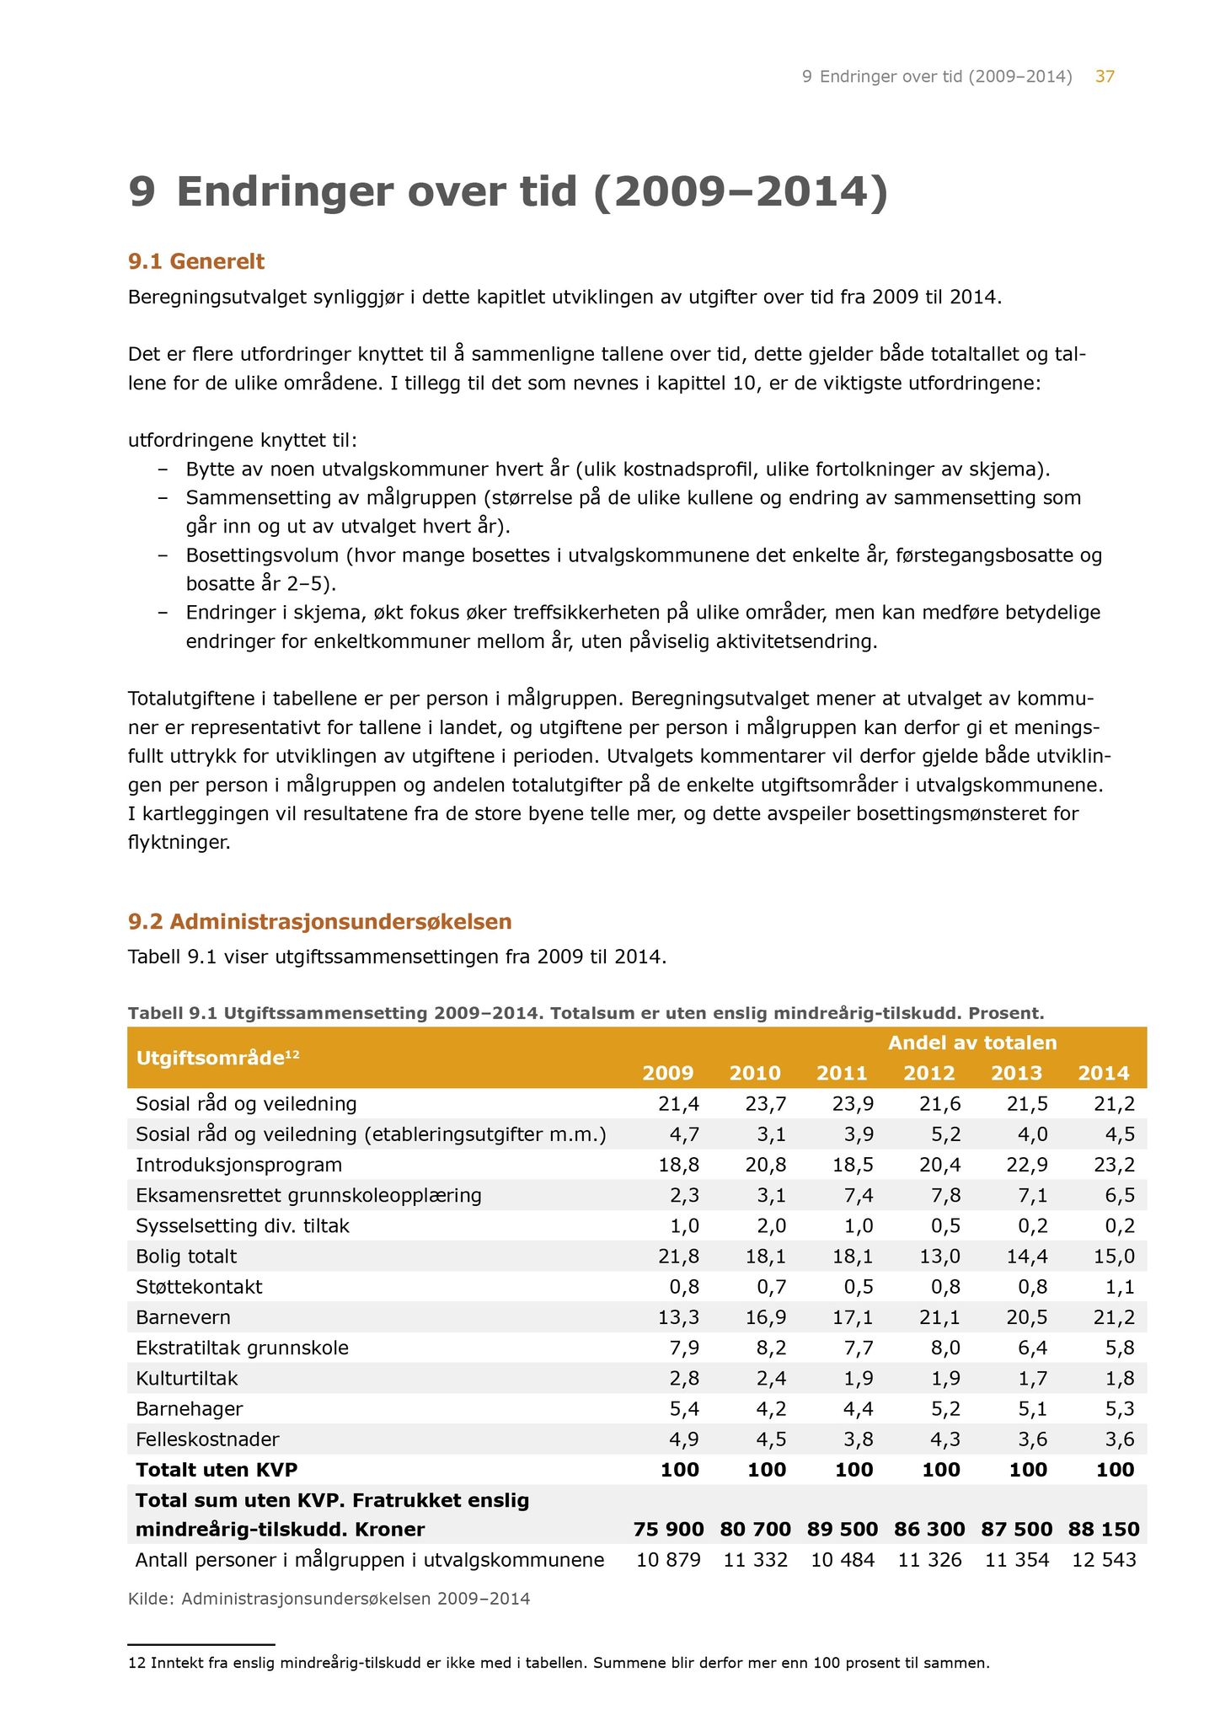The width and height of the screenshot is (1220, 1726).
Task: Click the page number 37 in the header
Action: [1105, 77]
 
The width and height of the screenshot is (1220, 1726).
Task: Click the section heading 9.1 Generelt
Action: [195, 261]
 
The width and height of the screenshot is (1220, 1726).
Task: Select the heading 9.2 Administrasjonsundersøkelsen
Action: [319, 921]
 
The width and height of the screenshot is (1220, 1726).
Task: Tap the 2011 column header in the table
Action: [842, 1073]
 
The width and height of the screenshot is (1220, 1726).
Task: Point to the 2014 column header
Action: [1104, 1073]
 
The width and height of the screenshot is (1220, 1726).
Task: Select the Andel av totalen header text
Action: [972, 1043]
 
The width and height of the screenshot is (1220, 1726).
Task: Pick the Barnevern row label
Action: [183, 1317]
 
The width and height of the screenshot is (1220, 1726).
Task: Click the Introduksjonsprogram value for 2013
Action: [1025, 1165]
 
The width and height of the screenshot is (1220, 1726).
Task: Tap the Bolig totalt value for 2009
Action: [678, 1257]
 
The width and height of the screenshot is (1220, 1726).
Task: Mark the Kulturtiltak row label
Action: [187, 1379]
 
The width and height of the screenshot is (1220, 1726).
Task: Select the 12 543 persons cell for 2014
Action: [1104, 1560]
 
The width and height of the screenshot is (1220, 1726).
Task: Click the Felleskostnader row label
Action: [207, 1439]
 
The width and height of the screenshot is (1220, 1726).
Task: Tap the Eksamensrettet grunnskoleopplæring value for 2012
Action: [944, 1195]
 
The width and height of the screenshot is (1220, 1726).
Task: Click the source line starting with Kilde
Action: [329, 1599]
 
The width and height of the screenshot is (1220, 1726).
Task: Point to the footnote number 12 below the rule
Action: [136, 1664]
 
